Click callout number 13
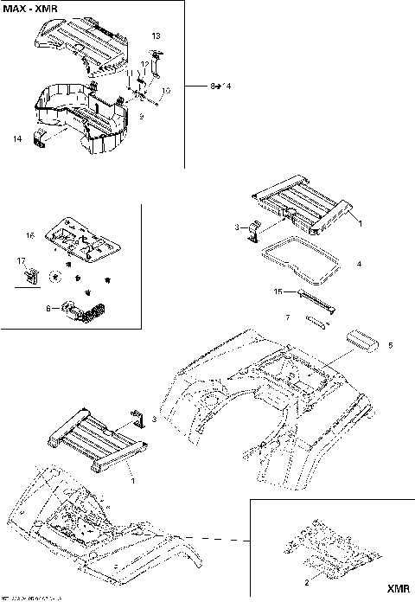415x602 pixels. (156, 36)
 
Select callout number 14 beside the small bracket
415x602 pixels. (17, 138)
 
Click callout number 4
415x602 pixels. (359, 262)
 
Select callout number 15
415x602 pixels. (278, 291)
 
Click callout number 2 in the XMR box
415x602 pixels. (294, 585)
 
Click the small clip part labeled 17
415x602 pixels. (31, 276)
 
